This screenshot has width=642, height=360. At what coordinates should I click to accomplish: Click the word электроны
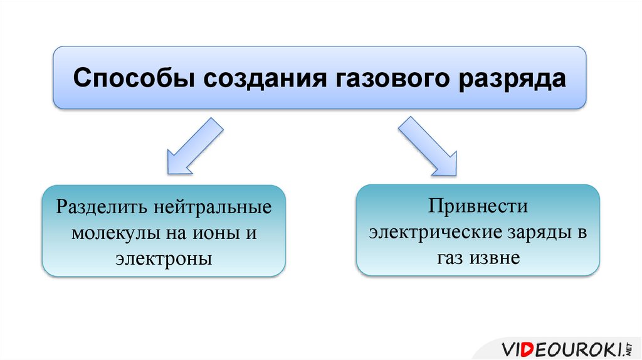(x=163, y=258)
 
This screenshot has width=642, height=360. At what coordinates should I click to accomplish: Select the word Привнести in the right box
(x=478, y=206)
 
